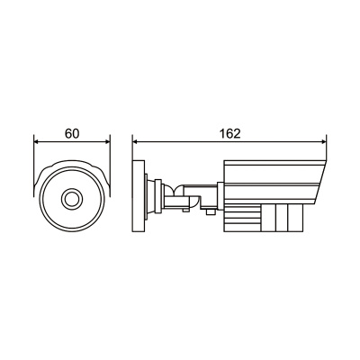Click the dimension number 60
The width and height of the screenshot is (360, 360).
coord(72,134)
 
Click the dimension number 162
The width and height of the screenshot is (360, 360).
coord(230,134)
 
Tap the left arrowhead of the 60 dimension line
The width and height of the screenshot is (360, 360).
coord(37,142)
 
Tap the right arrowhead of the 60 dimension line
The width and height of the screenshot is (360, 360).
coord(107,142)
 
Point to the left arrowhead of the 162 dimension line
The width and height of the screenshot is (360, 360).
coord(136,141)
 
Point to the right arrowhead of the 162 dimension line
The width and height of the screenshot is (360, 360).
coord(323,141)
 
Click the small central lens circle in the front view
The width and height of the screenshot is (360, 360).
coord(72,199)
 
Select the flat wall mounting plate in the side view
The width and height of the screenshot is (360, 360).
coord(139,196)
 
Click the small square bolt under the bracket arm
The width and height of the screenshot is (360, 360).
coord(211,211)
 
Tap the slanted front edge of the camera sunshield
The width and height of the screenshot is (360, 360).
coord(319,183)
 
